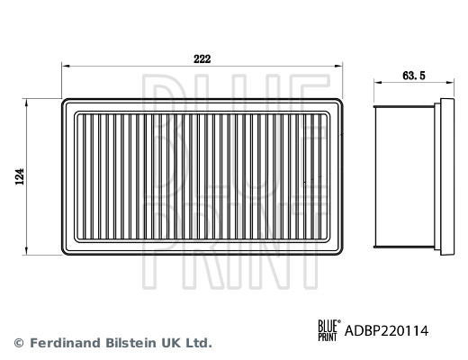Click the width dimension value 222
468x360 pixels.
202,58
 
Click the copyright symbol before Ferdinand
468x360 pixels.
18,343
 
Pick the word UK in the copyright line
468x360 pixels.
171,343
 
